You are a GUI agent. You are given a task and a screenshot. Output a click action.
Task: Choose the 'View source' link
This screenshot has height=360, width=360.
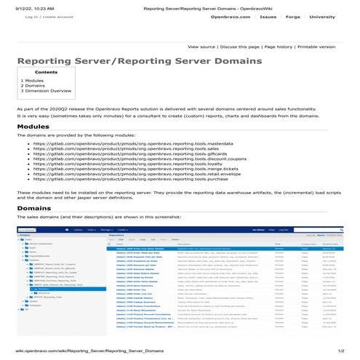202,46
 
